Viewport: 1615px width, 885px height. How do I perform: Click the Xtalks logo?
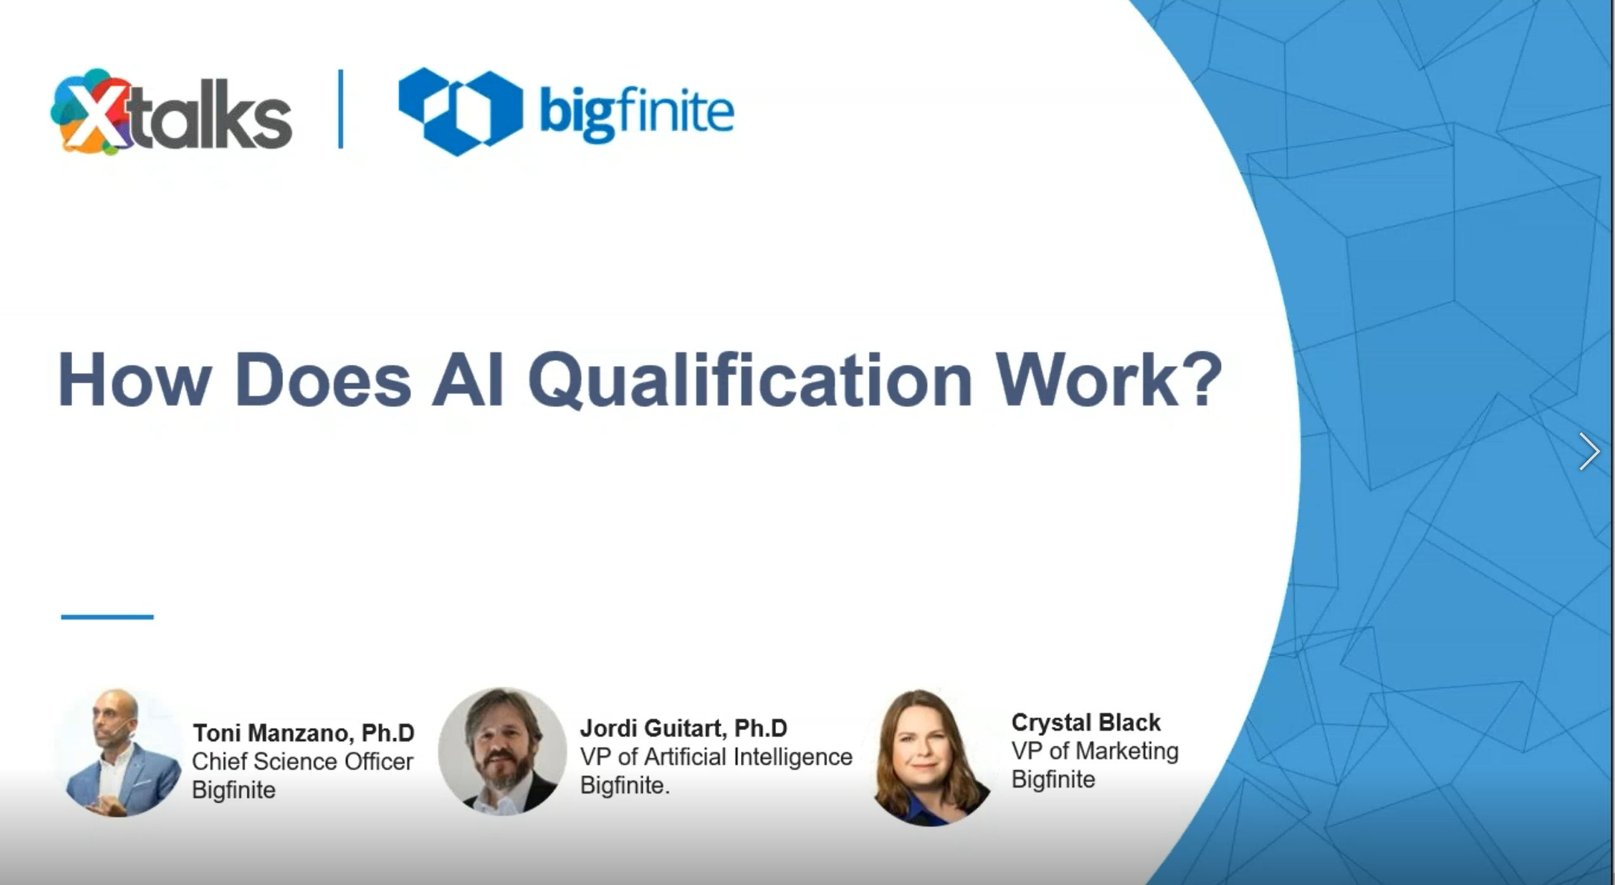171,112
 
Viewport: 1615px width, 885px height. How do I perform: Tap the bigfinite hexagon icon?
461,111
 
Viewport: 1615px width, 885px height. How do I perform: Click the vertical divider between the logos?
341,109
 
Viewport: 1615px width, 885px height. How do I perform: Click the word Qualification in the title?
750,381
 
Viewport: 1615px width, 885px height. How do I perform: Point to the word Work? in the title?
1109,379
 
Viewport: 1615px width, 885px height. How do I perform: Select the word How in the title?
134,379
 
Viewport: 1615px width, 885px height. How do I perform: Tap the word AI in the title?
468,379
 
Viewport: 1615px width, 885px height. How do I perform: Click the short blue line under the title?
107,616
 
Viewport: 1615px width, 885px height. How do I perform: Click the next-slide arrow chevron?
1588,451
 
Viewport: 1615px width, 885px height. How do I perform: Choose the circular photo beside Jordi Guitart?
503,751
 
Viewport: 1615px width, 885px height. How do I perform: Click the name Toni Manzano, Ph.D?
304,733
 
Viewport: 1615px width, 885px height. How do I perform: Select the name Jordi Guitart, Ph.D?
684,728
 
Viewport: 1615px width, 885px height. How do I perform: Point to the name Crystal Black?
1086,723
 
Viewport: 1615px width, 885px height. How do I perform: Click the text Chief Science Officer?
303,761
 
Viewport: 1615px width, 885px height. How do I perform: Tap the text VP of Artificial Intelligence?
716,757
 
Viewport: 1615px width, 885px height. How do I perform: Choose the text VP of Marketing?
1095,751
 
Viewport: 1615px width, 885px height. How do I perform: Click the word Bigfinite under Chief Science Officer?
234,790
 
